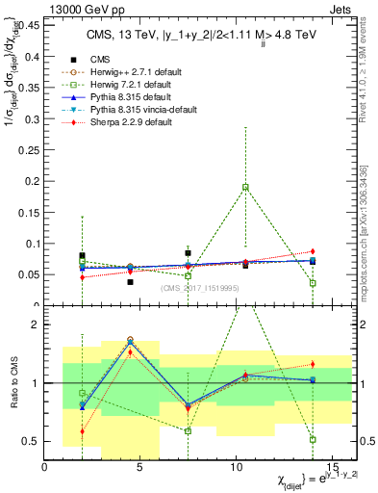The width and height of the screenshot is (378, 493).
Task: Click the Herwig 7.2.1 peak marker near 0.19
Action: click(246, 187)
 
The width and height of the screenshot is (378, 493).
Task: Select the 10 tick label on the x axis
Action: click(236, 467)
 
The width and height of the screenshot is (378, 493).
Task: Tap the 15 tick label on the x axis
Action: click(330, 467)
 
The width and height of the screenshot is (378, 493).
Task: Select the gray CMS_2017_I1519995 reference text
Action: click(200, 287)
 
